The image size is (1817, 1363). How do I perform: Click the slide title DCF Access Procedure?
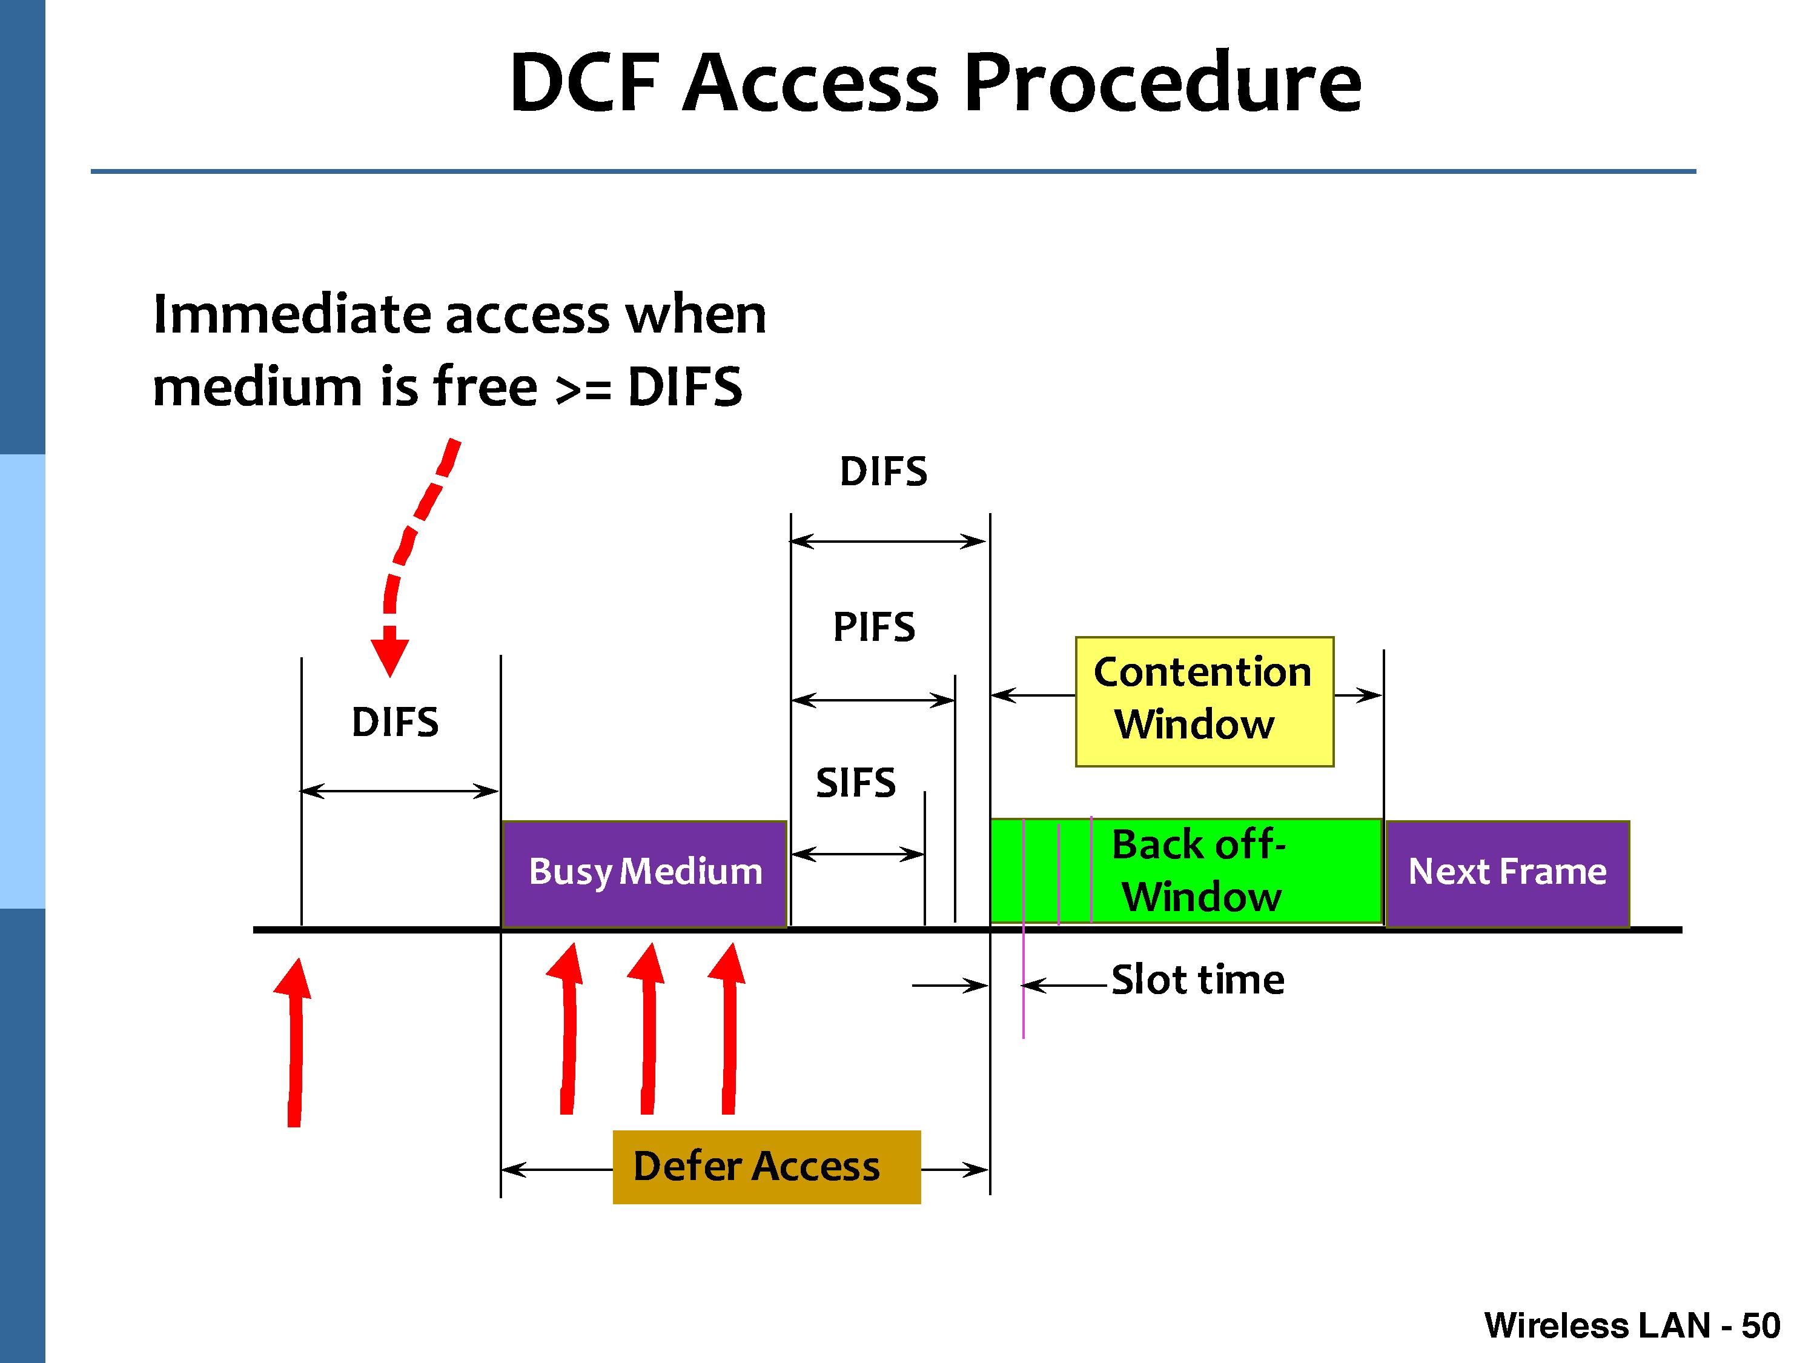click(x=935, y=83)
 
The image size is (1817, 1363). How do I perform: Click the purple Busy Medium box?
click(x=645, y=872)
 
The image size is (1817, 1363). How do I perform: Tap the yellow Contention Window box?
click(x=1203, y=700)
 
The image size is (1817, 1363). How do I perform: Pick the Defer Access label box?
click(x=766, y=1167)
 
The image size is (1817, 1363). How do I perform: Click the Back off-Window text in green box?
click(x=1199, y=871)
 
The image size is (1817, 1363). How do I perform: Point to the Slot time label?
click(x=1197, y=980)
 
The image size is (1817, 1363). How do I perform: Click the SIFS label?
click(x=855, y=782)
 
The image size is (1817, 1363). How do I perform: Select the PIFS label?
click(x=874, y=628)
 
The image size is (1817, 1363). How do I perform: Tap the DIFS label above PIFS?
click(x=883, y=471)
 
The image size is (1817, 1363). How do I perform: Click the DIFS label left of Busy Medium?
click(x=395, y=723)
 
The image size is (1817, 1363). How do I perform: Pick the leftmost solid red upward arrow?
click(x=294, y=1043)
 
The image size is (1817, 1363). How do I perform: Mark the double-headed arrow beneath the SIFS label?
click(x=858, y=854)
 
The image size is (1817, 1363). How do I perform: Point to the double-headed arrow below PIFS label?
click(x=872, y=700)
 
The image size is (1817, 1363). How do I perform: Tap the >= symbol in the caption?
click(x=583, y=388)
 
